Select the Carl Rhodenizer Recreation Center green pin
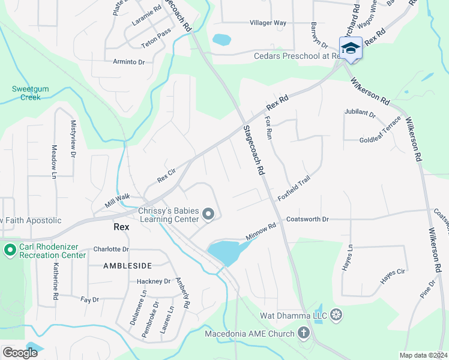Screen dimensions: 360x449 pyautogui.click(x=10, y=250)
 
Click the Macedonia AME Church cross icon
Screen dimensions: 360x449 pyautogui.click(x=304, y=333)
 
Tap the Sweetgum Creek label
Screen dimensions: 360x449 pyautogui.click(x=26, y=93)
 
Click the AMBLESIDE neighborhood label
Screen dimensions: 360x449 pyautogui.click(x=127, y=265)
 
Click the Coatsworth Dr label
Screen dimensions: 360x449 pyautogui.click(x=308, y=219)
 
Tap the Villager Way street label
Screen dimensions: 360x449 pyautogui.click(x=268, y=23)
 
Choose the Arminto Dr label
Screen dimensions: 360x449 pyautogui.click(x=129, y=61)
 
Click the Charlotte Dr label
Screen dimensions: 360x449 pyautogui.click(x=112, y=249)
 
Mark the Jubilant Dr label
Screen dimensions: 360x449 pyautogui.click(x=360, y=113)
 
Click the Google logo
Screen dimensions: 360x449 pyautogui.click(x=20, y=353)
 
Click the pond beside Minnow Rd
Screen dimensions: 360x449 pyautogui.click(x=224, y=251)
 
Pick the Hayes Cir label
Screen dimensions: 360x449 pyautogui.click(x=393, y=275)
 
